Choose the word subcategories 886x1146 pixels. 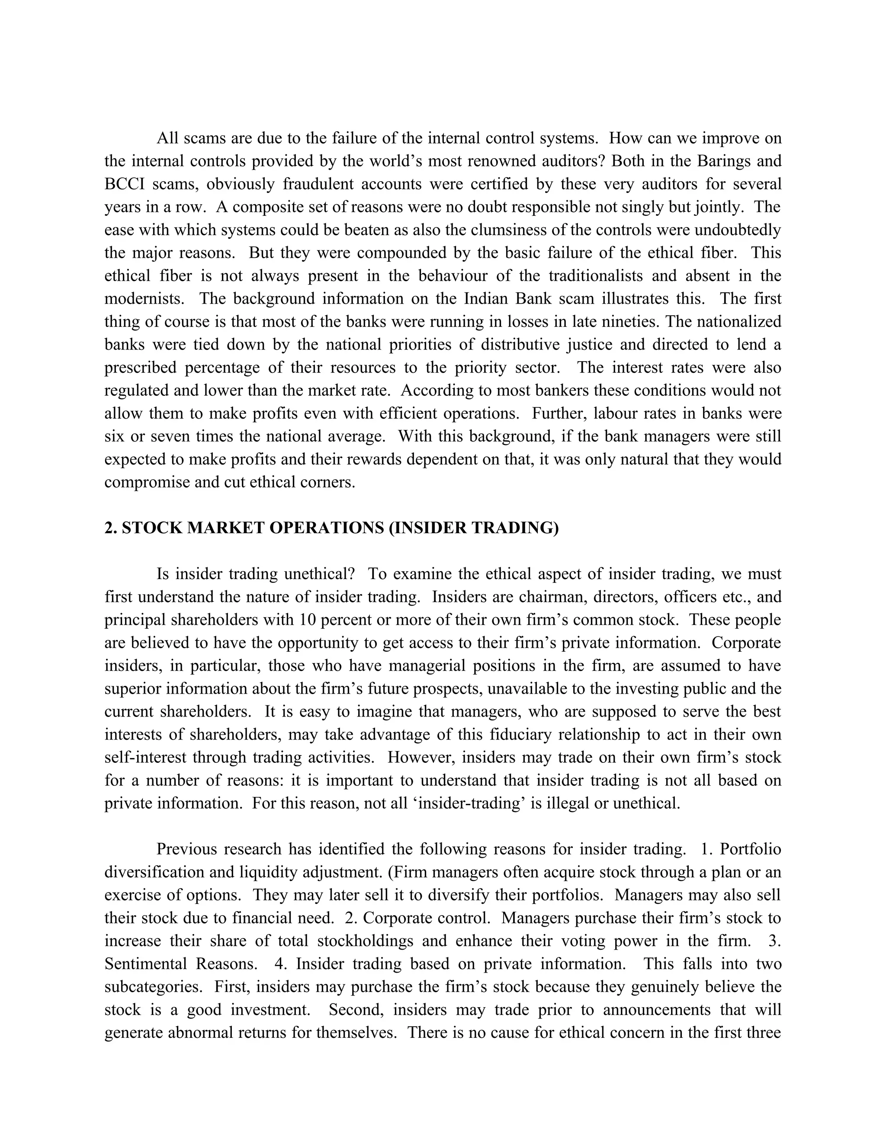(x=153, y=987)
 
